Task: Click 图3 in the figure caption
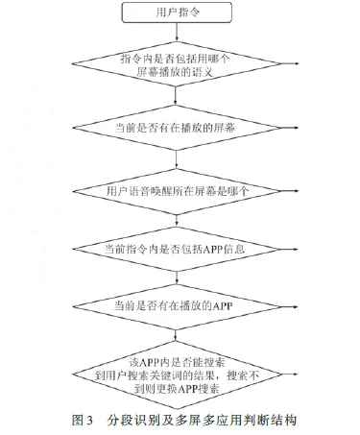pyautogui.click(x=83, y=421)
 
